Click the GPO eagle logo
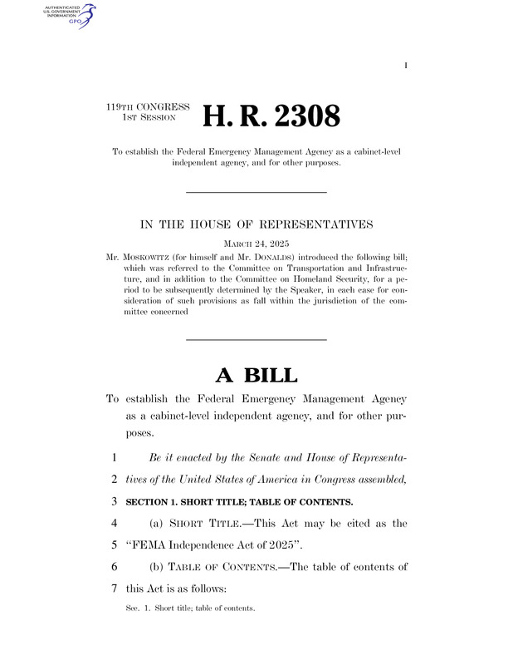pos(81,15)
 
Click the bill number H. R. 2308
pos(271,116)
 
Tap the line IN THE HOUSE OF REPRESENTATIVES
pos(256,223)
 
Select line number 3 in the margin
pos(112,502)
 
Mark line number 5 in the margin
pos(112,545)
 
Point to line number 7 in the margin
pos(112,588)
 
